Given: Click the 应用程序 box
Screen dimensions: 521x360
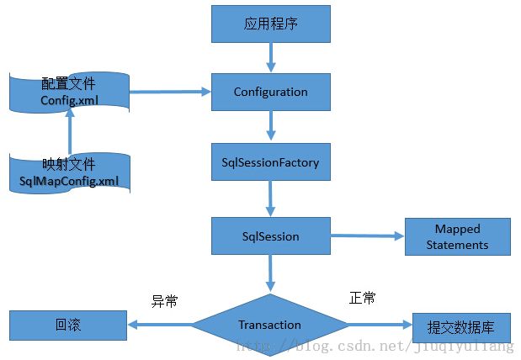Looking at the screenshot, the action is point(271,24).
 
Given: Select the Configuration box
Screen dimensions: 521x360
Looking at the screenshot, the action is point(271,92).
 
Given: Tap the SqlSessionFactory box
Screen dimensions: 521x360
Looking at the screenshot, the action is point(271,162).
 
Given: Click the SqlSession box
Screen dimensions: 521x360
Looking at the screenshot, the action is point(271,236).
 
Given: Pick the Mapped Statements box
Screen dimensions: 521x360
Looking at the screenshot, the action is point(458,237).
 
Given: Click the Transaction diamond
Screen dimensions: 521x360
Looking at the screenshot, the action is point(270,325).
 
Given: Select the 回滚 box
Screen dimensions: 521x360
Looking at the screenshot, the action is point(68,326).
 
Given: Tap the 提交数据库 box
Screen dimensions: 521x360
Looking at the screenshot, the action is point(461,328).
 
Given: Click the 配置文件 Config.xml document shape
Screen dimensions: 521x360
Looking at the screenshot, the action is point(69,92).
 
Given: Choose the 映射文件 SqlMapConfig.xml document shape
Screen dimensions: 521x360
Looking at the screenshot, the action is point(70,173).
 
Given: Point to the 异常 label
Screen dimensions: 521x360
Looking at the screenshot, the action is point(164,301).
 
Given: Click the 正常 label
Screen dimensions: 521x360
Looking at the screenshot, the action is point(362,298).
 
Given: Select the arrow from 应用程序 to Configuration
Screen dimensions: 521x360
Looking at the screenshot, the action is point(271,57).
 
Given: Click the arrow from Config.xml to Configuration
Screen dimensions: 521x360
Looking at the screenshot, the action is point(170,92).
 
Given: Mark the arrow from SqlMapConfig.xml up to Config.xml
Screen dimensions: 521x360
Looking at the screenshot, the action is point(70,131).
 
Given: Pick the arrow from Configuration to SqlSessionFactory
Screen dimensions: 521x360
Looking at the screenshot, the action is point(271,125).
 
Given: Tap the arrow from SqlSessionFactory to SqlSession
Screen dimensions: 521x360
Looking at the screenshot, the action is point(270,199).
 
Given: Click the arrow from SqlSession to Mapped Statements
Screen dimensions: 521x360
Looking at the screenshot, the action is point(368,236).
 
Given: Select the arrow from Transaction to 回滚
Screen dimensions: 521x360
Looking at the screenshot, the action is point(160,325).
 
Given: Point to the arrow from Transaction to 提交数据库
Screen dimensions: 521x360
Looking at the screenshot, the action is point(380,325).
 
